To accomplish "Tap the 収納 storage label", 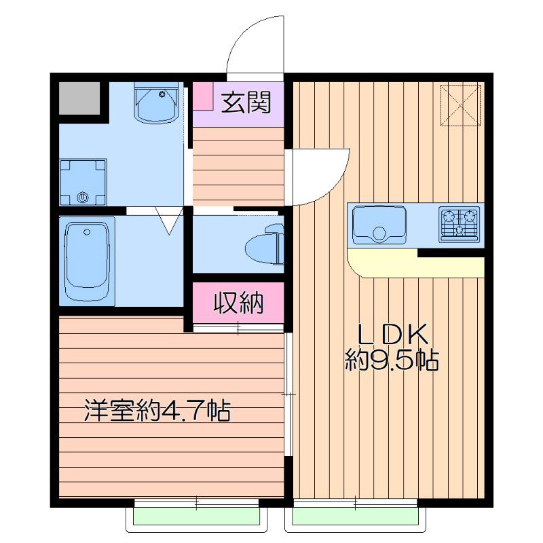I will point(238,303).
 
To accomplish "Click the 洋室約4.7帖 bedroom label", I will point(157,411).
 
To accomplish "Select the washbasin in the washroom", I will point(156,104).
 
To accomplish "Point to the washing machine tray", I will point(83,182).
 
